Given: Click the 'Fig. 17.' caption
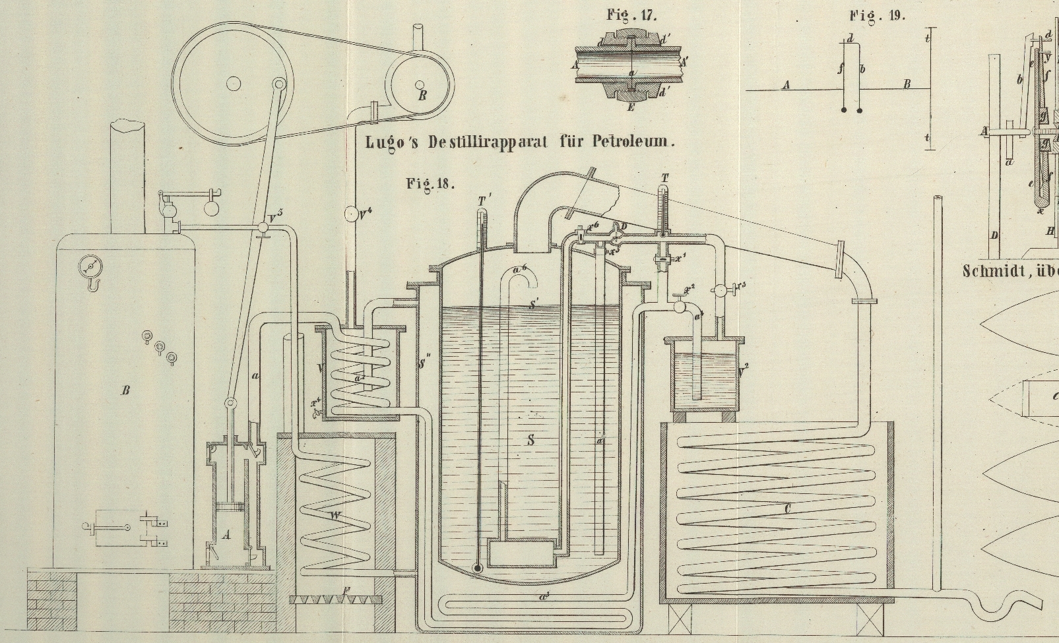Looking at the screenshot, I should pyautogui.click(x=631, y=15).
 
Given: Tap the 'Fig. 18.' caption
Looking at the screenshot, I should pyautogui.click(x=430, y=183).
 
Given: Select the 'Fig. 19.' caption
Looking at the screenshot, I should pyautogui.click(x=878, y=16).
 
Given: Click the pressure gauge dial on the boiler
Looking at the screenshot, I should pyautogui.click(x=90, y=266).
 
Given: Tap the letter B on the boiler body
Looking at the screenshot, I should pyautogui.click(x=125, y=390).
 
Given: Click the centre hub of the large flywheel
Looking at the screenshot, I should pyautogui.click(x=233, y=83).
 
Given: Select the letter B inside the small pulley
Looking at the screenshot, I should pyautogui.click(x=422, y=95).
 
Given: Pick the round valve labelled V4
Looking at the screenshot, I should pyautogui.click(x=351, y=214).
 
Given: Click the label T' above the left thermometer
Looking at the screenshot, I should pyautogui.click(x=485, y=200).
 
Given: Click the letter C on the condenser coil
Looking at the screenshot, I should pyautogui.click(x=787, y=508).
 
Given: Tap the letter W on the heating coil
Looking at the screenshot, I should pyautogui.click(x=336, y=516).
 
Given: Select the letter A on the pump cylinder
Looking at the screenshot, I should pyautogui.click(x=226, y=536).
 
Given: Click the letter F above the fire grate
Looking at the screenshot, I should pyautogui.click(x=348, y=590).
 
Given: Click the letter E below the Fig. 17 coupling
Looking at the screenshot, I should pyautogui.click(x=630, y=107).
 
